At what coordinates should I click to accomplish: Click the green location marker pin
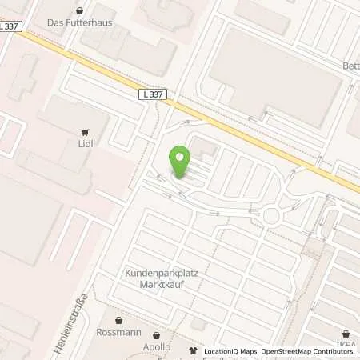[181, 162]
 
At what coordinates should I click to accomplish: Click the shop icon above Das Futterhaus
[79, 11]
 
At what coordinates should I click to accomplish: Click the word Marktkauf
[162, 284]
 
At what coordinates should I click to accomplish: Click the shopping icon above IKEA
[346, 334]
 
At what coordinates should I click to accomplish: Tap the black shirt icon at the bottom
[192, 350]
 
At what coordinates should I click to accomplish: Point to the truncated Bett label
[351, 66]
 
